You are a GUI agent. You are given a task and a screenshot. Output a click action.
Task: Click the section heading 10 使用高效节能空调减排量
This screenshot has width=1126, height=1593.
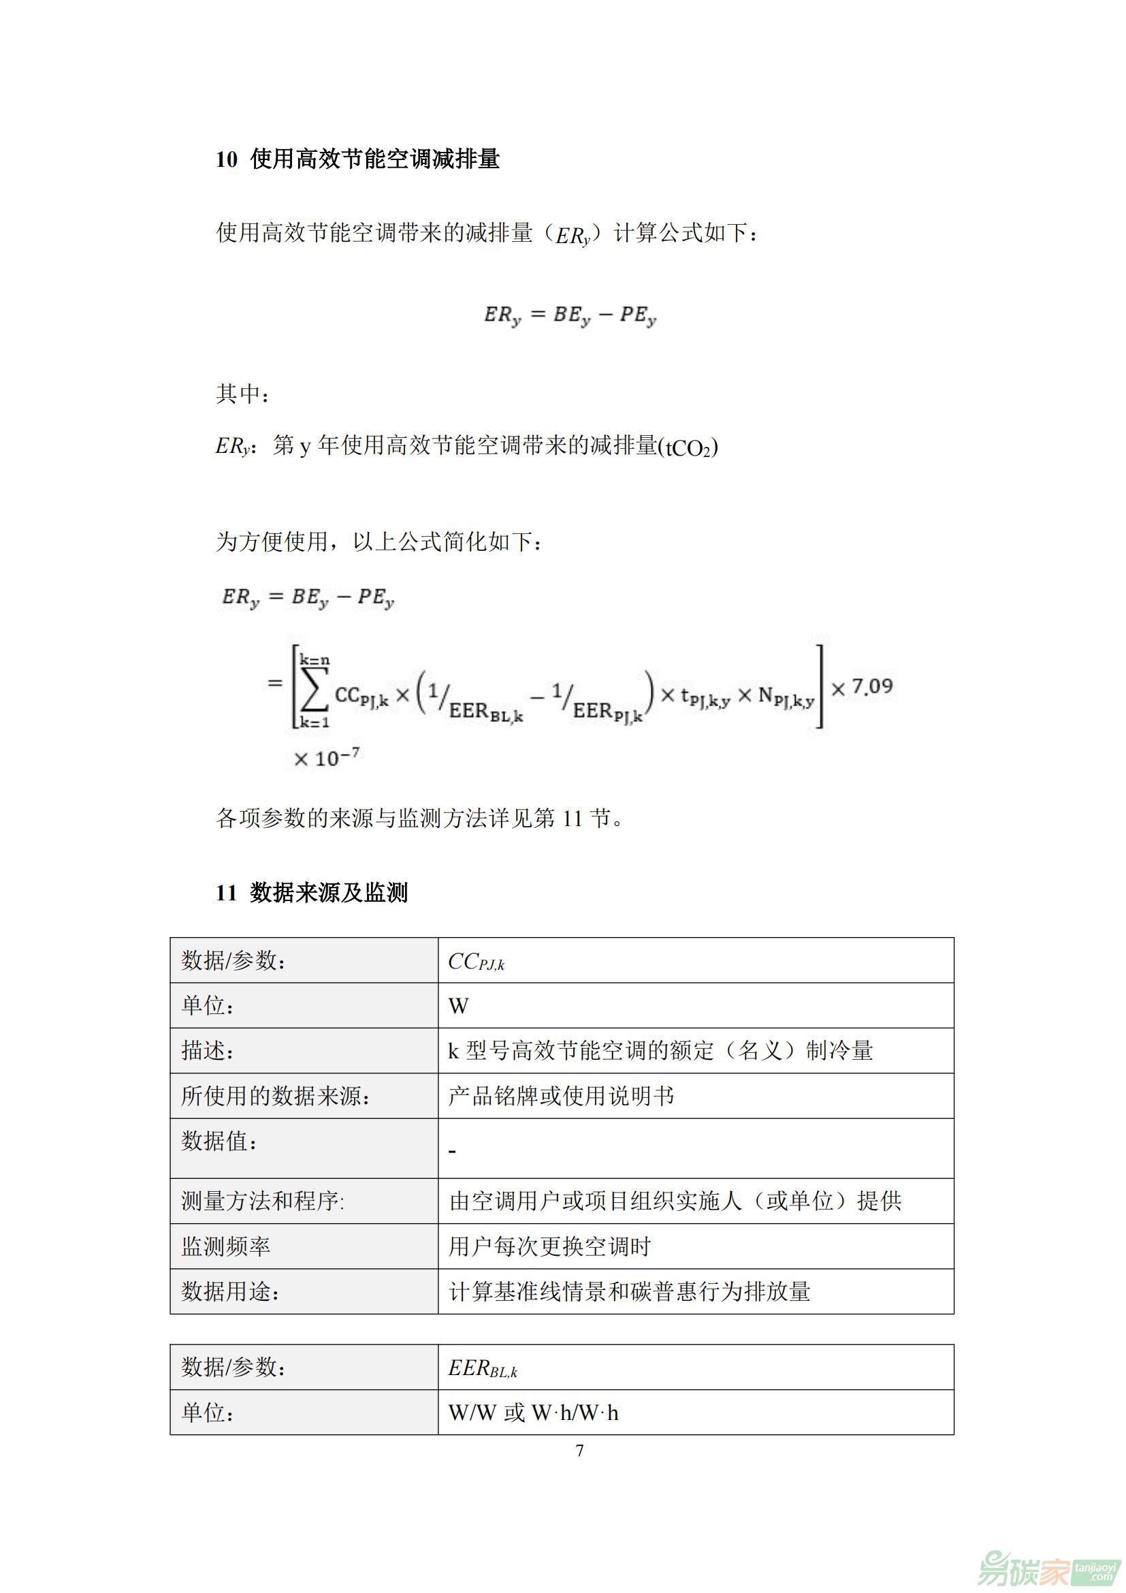tap(357, 159)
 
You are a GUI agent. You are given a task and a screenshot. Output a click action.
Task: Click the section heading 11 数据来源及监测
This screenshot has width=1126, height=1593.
tap(311, 892)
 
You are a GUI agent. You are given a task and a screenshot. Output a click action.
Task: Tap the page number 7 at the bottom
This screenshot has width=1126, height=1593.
tap(579, 1450)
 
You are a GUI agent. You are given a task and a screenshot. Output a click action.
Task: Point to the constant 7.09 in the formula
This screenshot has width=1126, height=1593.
tap(871, 687)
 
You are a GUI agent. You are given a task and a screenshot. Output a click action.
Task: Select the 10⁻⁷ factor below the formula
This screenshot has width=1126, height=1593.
tap(327, 757)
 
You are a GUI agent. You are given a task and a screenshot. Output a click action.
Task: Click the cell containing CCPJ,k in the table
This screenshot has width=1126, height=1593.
tap(477, 962)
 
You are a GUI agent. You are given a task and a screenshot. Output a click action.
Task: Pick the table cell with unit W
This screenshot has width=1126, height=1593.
tap(458, 1006)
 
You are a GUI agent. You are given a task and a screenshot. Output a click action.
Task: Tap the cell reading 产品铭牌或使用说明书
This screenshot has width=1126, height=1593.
tap(561, 1097)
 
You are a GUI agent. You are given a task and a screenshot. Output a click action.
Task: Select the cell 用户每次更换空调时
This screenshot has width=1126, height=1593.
tap(550, 1247)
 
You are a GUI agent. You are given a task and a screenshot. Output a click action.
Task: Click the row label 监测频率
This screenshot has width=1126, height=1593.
tap(225, 1247)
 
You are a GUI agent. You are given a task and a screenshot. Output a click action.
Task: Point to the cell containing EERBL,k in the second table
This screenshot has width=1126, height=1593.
tap(483, 1368)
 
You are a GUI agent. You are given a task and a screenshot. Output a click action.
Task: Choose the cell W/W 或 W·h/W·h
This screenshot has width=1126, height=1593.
tap(533, 1413)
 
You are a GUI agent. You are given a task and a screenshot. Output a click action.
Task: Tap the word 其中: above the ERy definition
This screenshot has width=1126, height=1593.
tap(242, 394)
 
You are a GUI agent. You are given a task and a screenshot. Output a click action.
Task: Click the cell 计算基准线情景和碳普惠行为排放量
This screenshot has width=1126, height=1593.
tap(630, 1292)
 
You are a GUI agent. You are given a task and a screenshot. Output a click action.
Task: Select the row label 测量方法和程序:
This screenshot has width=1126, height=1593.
tap(262, 1201)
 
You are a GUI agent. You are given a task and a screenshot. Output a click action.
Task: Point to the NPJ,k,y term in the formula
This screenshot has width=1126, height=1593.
tap(786, 696)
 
